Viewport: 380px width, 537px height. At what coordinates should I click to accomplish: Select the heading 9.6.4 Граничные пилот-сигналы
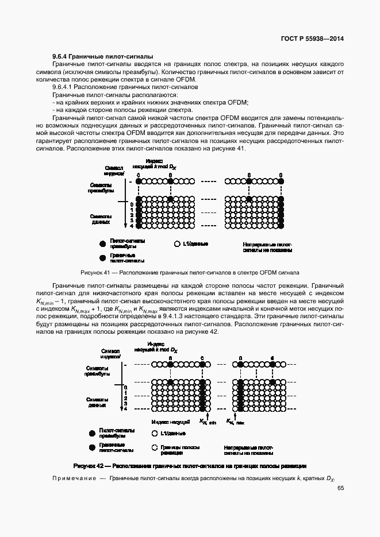(x=102, y=57)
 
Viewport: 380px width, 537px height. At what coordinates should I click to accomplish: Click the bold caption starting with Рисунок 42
(x=190, y=465)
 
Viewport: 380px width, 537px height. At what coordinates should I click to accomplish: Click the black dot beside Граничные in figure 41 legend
(x=102, y=257)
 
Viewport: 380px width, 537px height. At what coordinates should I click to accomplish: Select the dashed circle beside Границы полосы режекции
(x=154, y=447)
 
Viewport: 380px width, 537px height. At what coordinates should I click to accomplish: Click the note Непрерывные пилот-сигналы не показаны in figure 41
(x=268, y=247)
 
